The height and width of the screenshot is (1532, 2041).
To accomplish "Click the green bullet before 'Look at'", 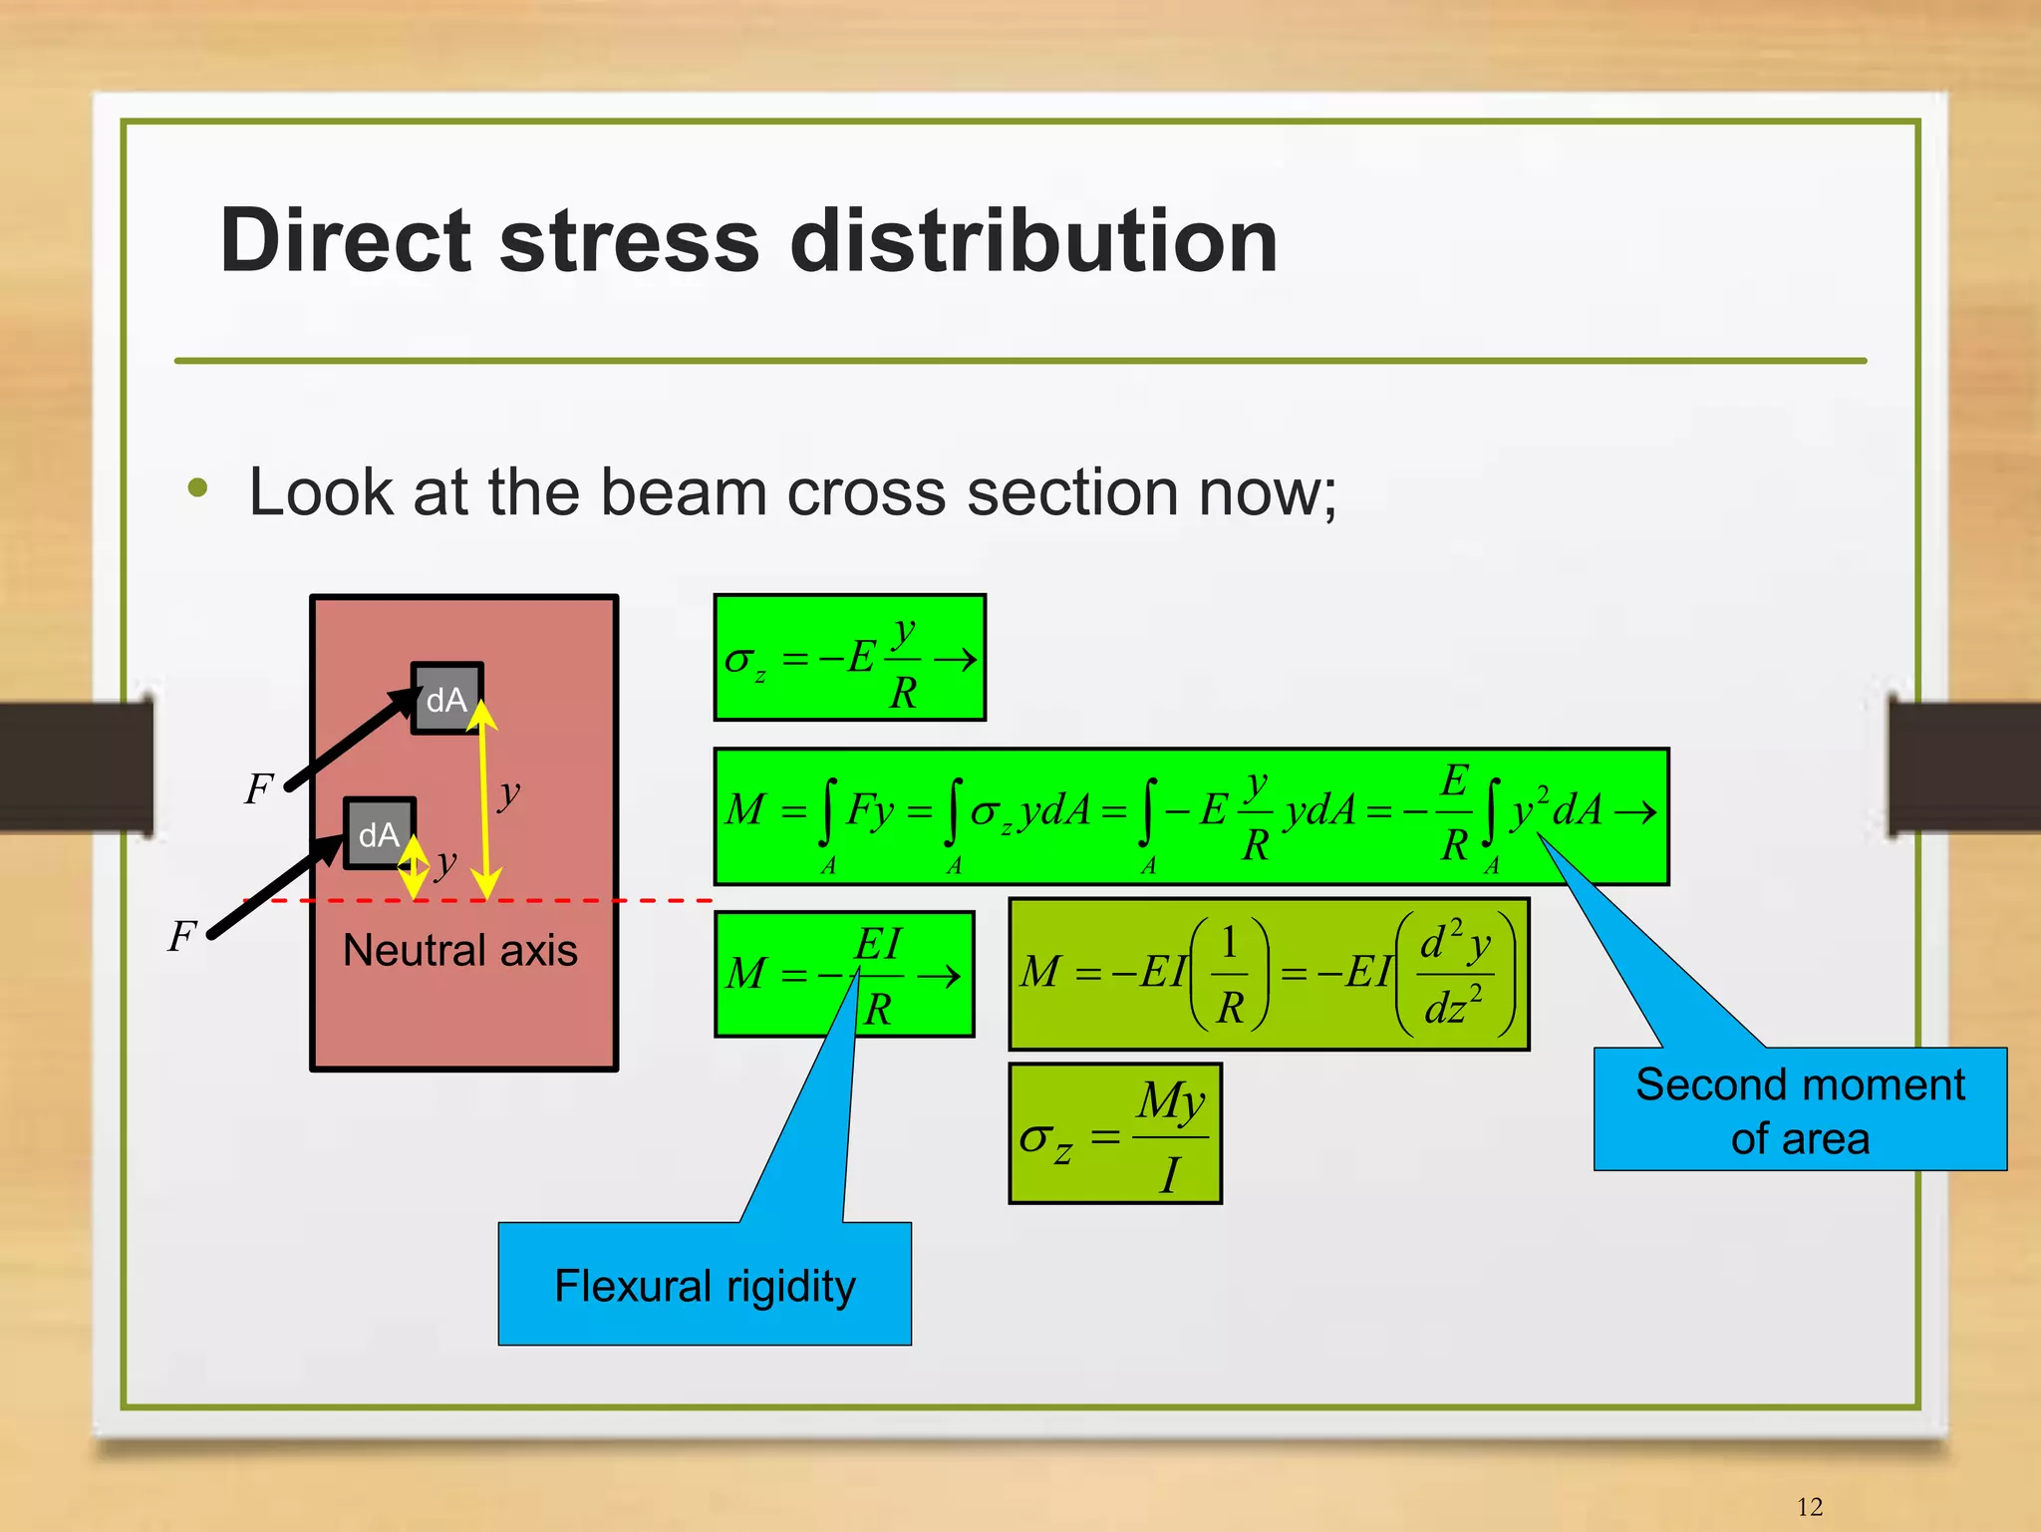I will pyautogui.click(x=198, y=488).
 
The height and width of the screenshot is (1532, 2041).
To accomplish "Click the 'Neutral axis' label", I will pyautogui.click(x=459, y=950).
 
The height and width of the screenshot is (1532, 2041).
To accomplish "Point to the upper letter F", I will pyautogui.click(x=258, y=789).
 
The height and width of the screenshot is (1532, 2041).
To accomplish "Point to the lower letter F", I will pyautogui.click(x=181, y=936).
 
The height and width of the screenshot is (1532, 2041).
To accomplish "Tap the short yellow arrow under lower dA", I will pyautogui.click(x=413, y=867).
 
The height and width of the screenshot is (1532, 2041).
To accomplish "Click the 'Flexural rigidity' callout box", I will pyautogui.click(x=704, y=1285).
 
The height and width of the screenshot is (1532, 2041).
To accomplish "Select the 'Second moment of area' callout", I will pyautogui.click(x=1799, y=1109).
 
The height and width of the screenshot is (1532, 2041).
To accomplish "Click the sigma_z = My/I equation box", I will pyautogui.click(x=1114, y=1134).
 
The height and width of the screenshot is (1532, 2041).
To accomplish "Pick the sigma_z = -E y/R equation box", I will pyautogui.click(x=849, y=658).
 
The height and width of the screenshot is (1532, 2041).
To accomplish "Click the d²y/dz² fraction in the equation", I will pyautogui.click(x=1454, y=975).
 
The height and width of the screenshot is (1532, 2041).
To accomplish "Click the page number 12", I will pyautogui.click(x=1809, y=1506).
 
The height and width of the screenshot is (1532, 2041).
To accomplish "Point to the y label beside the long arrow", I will pyautogui.click(x=509, y=792).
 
